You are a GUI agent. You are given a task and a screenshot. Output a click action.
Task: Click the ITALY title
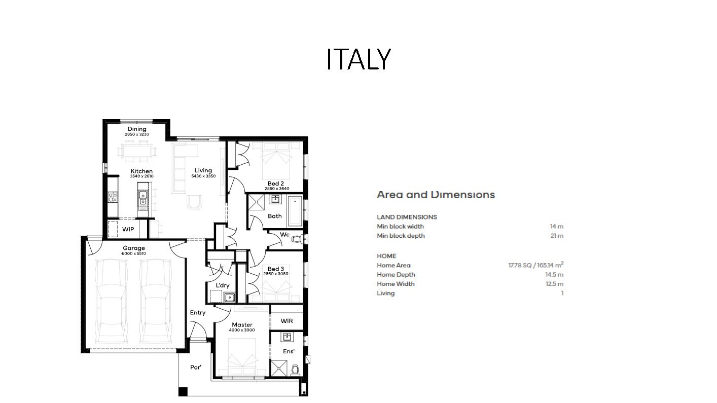(358, 59)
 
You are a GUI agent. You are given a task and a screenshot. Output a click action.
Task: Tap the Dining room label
(137, 129)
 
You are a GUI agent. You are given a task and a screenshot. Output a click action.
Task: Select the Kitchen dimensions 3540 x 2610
(142, 176)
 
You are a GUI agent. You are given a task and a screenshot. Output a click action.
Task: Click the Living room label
(203, 170)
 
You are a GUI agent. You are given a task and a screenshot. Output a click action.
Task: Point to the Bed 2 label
(276, 184)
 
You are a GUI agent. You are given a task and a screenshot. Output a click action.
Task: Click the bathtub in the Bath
(295, 211)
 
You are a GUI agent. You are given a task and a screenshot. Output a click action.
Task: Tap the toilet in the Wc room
(297, 239)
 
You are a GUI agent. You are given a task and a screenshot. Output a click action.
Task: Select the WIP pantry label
(128, 229)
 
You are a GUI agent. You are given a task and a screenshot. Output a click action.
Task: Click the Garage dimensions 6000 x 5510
(134, 253)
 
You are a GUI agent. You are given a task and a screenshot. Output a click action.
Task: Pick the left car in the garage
(112, 301)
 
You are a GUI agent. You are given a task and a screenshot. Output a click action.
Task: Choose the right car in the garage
(156, 301)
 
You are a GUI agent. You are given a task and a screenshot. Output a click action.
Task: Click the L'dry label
(222, 285)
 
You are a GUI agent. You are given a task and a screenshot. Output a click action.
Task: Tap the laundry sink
(229, 298)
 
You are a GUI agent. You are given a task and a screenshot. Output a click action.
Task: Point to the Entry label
(197, 312)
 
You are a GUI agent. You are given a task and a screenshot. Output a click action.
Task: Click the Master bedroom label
(242, 324)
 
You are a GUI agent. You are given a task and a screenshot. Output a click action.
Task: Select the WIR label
(286, 321)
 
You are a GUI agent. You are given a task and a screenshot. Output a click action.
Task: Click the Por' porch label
(196, 367)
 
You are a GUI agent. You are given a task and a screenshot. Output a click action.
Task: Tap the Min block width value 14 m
(557, 226)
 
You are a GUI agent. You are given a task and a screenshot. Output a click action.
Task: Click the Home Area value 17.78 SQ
(520, 265)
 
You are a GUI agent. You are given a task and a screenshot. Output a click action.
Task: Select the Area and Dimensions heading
(436, 195)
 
